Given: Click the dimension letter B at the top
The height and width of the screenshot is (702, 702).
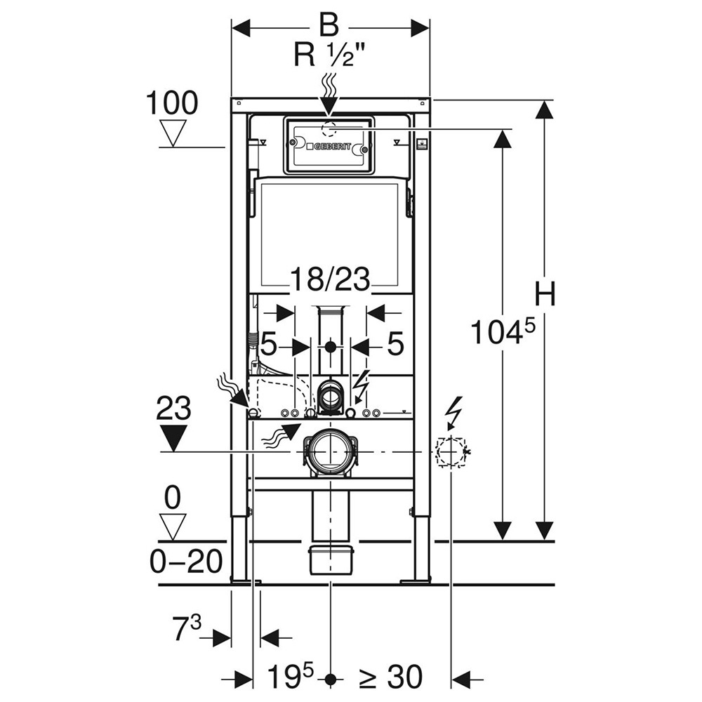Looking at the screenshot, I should pyautogui.click(x=329, y=25).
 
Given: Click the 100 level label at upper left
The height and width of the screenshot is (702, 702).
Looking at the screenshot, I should pyautogui.click(x=172, y=104).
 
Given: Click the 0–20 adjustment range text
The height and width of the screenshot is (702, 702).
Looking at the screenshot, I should pyautogui.click(x=187, y=561).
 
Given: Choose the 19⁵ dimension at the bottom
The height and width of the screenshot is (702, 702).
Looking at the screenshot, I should pyautogui.click(x=290, y=677).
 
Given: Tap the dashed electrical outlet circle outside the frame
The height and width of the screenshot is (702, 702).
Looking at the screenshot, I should pyautogui.click(x=451, y=451).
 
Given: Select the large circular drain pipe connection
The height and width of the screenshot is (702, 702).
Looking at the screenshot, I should pyautogui.click(x=330, y=451).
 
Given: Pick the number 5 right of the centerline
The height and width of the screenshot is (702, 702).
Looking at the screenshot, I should pyautogui.click(x=395, y=344).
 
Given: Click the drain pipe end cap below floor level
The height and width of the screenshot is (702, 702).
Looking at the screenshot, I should pyautogui.click(x=330, y=559).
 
